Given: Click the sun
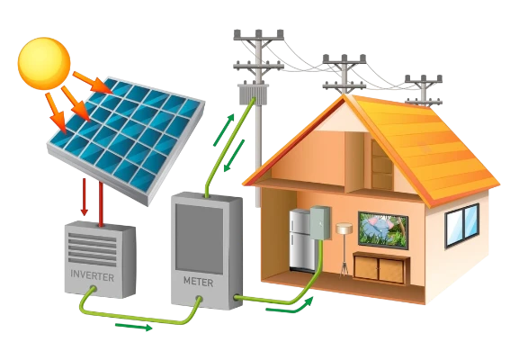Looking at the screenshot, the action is pyautogui.click(x=44, y=63).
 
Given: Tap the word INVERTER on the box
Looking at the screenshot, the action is pyautogui.click(x=93, y=276).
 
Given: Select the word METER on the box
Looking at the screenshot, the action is pyautogui.click(x=198, y=282).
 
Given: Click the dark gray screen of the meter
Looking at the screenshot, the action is pyautogui.click(x=200, y=239).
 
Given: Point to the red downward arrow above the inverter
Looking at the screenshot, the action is pyautogui.click(x=85, y=197).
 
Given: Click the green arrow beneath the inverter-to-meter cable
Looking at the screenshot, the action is pyautogui.click(x=134, y=327).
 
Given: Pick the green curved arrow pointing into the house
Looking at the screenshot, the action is pyautogui.click(x=290, y=305).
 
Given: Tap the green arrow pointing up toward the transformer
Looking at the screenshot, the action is pyautogui.click(x=224, y=130).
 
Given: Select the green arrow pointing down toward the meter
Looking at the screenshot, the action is pyautogui.click(x=234, y=156).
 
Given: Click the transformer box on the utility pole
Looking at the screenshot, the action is pyautogui.click(x=254, y=94).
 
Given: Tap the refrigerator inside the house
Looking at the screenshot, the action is pyautogui.click(x=302, y=240).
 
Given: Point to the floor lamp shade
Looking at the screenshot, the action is pyautogui.click(x=345, y=229).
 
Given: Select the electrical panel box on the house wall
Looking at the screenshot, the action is pyautogui.click(x=320, y=222).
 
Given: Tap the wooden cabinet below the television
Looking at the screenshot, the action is pyautogui.click(x=380, y=268).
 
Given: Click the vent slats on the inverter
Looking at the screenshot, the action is pyautogui.click(x=93, y=249).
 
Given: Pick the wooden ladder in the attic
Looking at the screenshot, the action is pyautogui.click(x=381, y=165).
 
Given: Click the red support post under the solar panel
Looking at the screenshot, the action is pyautogui.click(x=101, y=204).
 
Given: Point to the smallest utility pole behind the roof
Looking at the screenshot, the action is pyautogui.click(x=424, y=90).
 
